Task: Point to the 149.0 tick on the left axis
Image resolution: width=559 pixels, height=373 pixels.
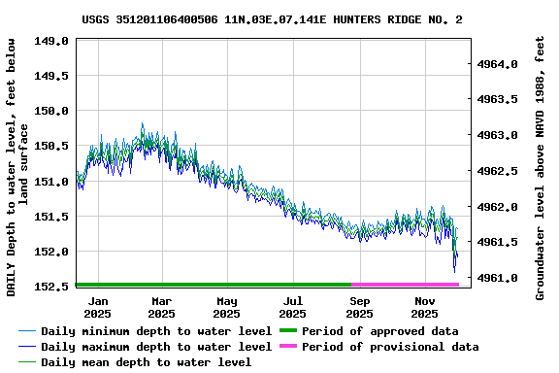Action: coord(52,41)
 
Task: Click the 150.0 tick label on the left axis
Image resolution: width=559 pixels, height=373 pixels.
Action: coord(52,111)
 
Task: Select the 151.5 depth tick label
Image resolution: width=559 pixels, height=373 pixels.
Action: coord(52,217)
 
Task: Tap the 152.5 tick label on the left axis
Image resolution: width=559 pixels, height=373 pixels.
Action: coord(52,287)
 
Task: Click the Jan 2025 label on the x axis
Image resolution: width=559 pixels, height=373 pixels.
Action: coord(97,308)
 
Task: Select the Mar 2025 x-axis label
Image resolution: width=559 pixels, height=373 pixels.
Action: coord(162,308)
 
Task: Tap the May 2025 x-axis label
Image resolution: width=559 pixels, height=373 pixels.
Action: coord(226,308)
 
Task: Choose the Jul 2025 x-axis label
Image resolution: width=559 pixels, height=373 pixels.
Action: coord(292,308)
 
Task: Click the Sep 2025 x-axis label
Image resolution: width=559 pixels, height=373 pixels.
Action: coord(359,308)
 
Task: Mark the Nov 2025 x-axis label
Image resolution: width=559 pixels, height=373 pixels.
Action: coord(424,308)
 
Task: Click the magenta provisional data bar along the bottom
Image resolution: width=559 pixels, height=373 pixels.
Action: coord(405,285)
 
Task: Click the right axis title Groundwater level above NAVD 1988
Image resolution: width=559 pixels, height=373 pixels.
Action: coord(541,167)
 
